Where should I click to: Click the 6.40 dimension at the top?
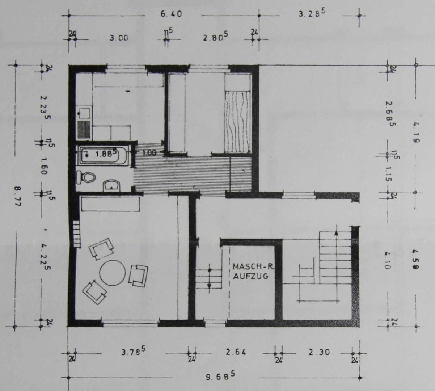tap(171, 14)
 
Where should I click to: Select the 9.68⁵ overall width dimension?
tap(220, 376)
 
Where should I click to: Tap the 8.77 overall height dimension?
tap(17, 196)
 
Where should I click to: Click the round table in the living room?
tap(113, 273)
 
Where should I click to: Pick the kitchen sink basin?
tap(85, 113)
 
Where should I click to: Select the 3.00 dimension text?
tap(119, 38)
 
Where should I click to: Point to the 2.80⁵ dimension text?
tap(215, 37)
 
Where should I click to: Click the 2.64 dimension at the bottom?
tap(236, 352)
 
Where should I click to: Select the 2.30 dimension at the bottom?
tap(319, 352)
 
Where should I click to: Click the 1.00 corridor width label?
tap(149, 153)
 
